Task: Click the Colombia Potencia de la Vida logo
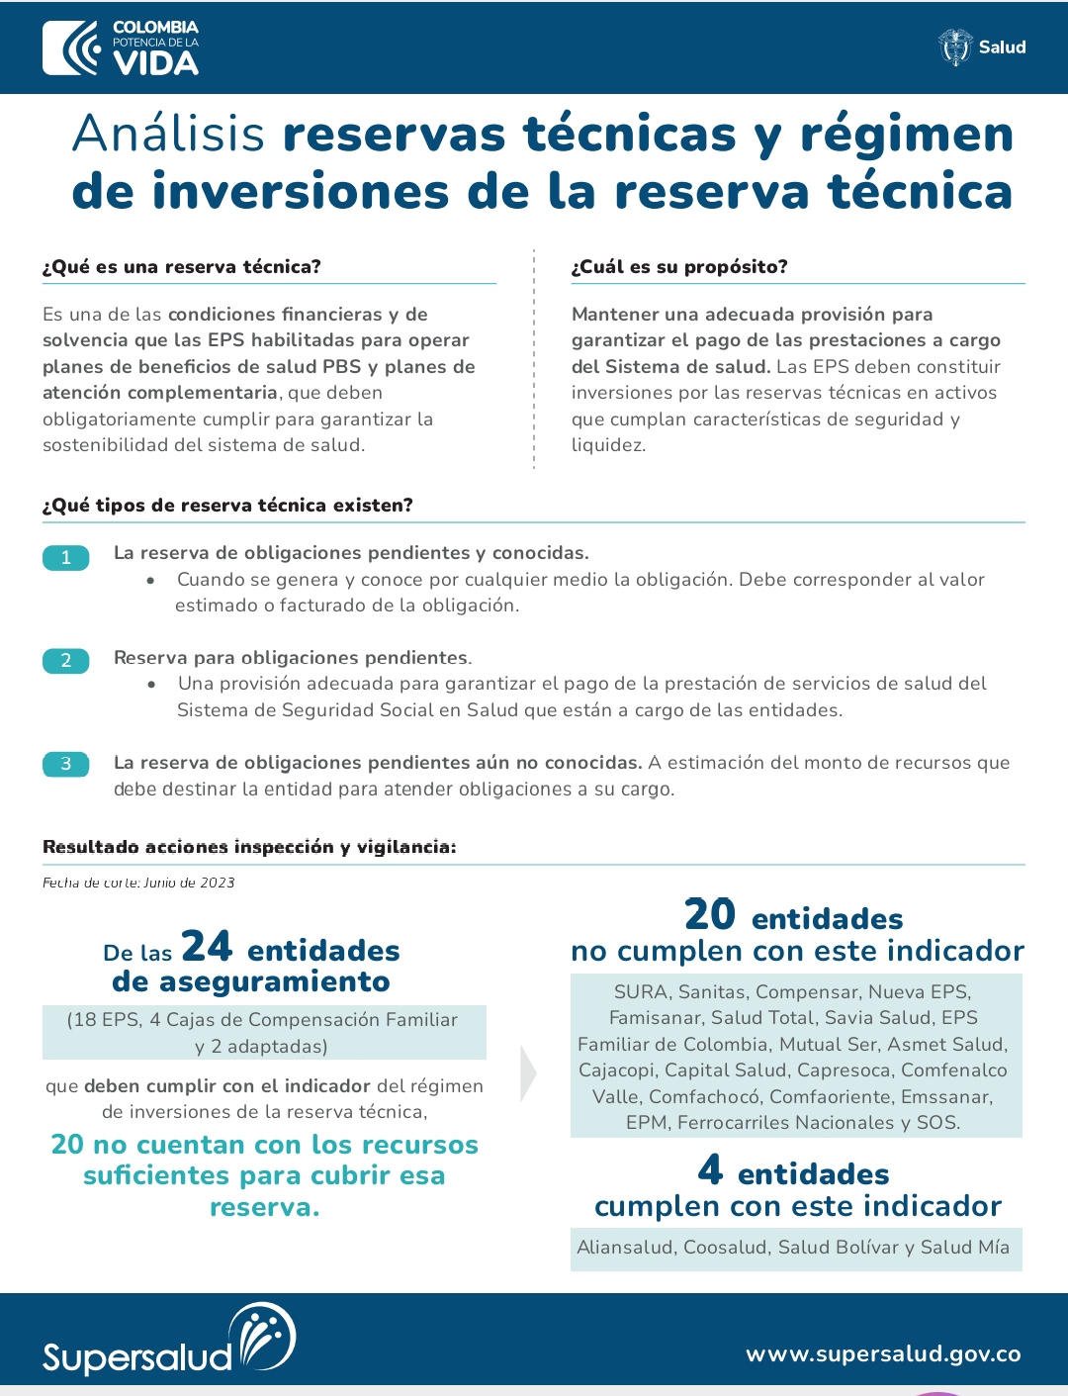coord(121,47)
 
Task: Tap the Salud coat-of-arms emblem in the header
coord(955,47)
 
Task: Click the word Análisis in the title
coord(169,135)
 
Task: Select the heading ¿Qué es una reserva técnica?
coord(182,267)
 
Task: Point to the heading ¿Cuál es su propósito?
coord(679,267)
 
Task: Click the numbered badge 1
coord(66,557)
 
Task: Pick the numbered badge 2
coord(66,660)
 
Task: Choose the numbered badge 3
coord(66,764)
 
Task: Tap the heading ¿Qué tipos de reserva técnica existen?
coord(227,506)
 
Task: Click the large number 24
coord(207,947)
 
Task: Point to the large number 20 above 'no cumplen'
coord(709,914)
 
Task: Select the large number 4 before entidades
coord(710,1170)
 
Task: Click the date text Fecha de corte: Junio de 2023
coord(138,883)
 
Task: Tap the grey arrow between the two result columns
coord(528,1073)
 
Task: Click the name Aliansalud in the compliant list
coord(625,1248)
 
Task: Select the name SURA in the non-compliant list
coord(640,992)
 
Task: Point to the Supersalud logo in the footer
coord(168,1341)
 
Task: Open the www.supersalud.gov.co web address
coord(883,1354)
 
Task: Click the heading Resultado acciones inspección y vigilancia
coord(249,847)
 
